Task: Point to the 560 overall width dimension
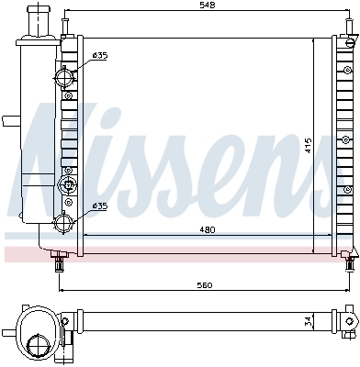[205, 284]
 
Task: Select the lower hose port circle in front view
[67, 221]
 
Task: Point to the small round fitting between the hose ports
[66, 187]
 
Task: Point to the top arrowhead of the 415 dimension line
[315, 40]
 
